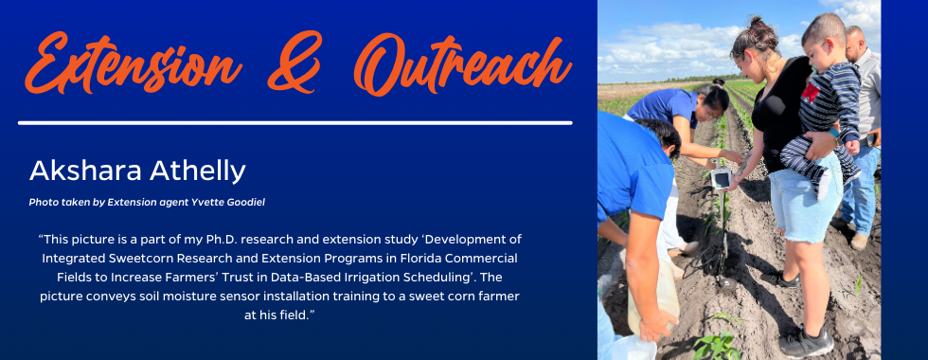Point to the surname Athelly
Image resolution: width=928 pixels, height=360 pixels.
point(198,171)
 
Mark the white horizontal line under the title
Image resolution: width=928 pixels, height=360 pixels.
point(295,123)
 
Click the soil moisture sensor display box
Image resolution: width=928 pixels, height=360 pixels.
point(721,178)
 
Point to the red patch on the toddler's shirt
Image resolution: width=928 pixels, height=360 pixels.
point(810,92)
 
